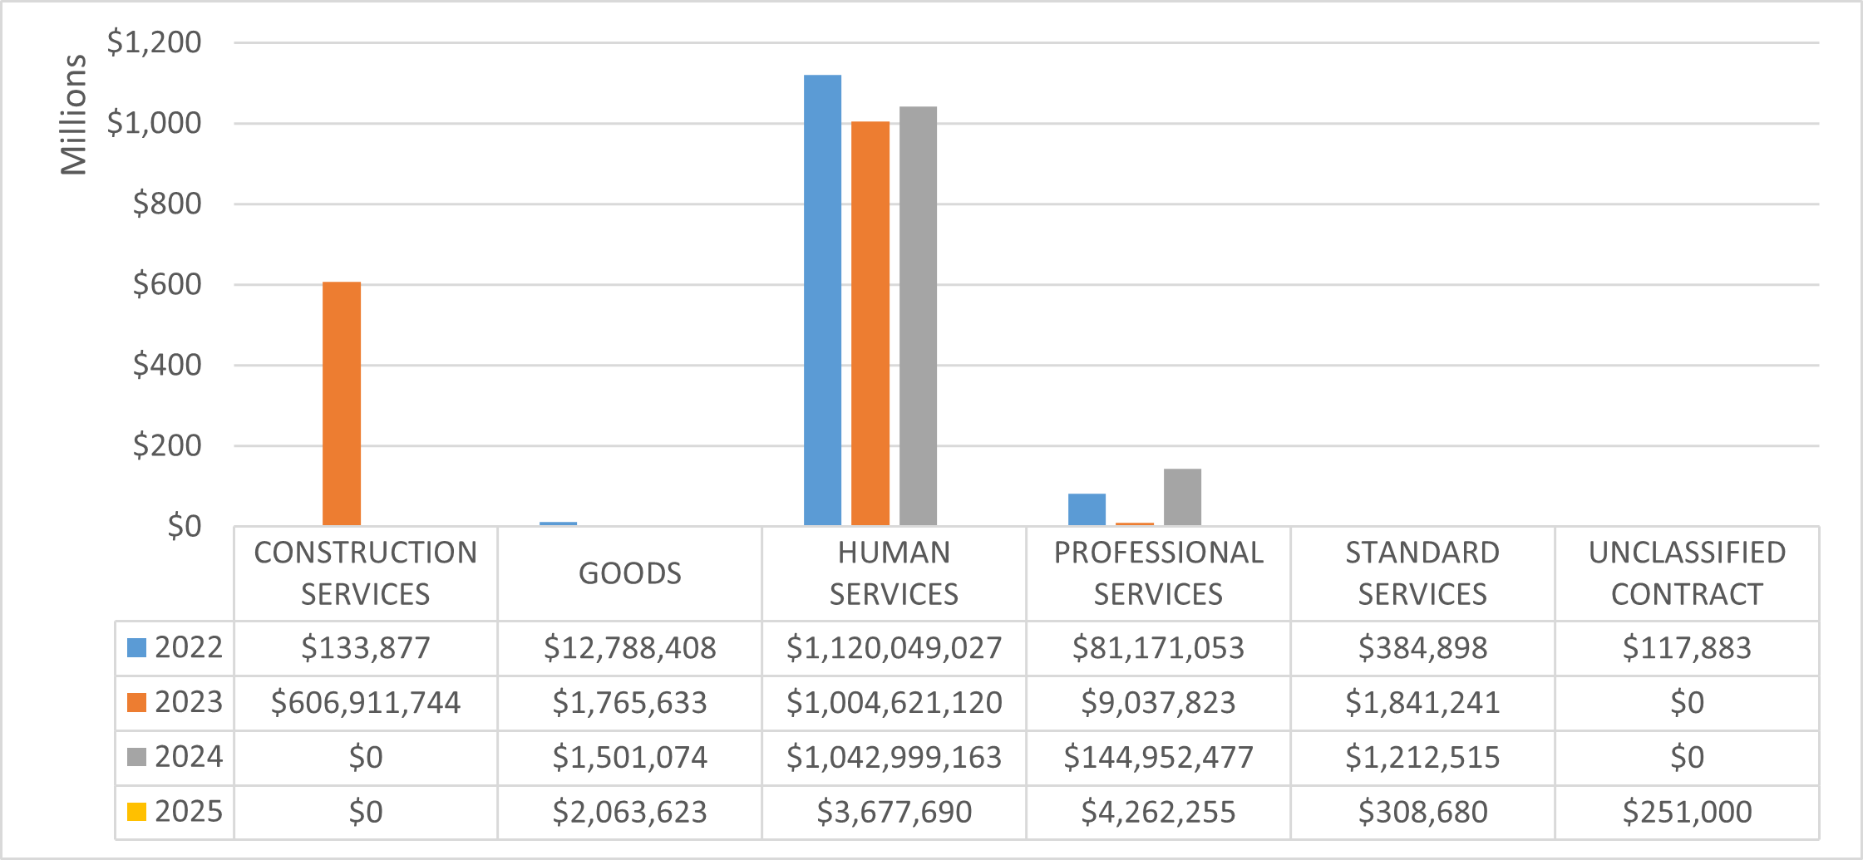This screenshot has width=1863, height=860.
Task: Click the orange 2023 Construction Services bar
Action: (342, 404)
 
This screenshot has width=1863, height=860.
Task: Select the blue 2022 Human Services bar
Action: (822, 300)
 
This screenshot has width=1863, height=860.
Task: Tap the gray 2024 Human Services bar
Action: (918, 316)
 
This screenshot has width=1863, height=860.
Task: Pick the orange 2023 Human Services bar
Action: (870, 323)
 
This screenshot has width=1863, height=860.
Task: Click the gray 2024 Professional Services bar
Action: (1182, 497)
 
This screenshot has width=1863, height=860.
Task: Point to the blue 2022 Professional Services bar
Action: (1087, 509)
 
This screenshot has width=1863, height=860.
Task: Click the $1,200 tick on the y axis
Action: (154, 42)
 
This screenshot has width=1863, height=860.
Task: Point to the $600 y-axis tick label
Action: (166, 284)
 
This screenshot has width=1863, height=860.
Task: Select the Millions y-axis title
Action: (74, 115)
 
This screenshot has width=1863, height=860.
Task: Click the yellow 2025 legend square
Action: (137, 812)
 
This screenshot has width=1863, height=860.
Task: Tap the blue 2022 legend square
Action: (137, 648)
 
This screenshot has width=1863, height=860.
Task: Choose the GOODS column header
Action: (629, 573)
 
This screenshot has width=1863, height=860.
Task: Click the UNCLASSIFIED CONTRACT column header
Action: (1687, 573)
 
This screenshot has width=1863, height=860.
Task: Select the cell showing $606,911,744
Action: (366, 703)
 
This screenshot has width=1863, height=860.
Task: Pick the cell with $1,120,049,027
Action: (894, 648)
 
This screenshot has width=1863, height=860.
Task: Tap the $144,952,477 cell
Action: (1158, 757)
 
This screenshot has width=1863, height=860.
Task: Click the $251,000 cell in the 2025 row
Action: (1687, 812)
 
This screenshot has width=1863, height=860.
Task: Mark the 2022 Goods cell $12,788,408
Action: (629, 648)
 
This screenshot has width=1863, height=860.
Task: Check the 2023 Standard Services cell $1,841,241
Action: (1422, 703)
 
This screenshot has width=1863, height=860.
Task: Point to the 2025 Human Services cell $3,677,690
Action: (894, 812)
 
